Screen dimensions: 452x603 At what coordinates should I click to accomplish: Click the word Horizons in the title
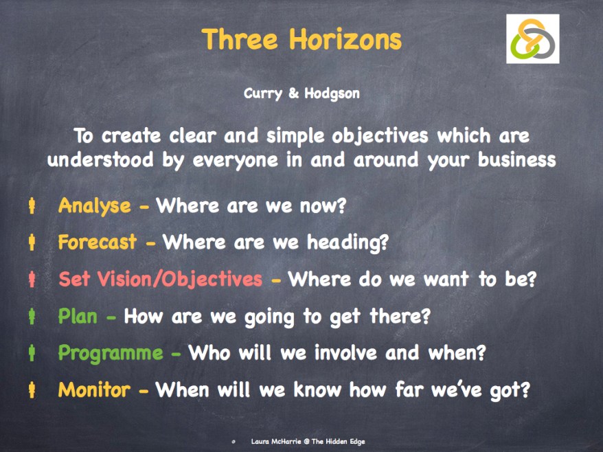(345, 39)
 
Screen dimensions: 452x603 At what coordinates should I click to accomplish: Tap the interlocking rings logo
(532, 39)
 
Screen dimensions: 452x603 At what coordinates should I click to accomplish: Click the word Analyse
(94, 205)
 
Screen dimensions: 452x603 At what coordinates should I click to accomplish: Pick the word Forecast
(98, 242)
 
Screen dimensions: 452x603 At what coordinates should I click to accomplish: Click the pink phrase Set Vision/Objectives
(160, 280)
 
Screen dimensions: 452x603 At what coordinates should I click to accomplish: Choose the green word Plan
(78, 317)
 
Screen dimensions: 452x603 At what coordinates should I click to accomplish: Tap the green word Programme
(111, 354)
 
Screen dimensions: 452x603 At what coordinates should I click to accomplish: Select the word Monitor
(94, 390)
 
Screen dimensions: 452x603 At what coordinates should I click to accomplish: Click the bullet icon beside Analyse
(32, 205)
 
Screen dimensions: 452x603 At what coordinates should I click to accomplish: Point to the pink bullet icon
(32, 280)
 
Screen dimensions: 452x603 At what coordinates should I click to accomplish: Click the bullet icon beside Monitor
(32, 390)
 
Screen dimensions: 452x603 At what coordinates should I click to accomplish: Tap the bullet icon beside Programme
(32, 354)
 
